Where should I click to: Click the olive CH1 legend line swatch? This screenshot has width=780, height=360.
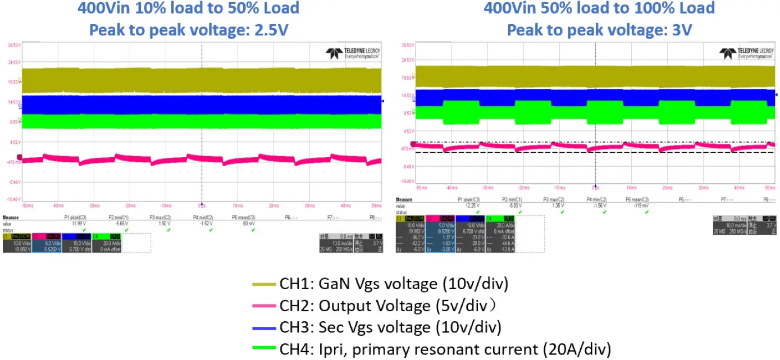coord(264,285)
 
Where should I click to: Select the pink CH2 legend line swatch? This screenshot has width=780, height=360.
coord(264,307)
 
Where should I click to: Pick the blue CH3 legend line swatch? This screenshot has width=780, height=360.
coord(264,327)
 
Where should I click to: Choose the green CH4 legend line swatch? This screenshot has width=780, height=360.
coord(264,348)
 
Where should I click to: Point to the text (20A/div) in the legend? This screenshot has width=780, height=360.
coord(578,348)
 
